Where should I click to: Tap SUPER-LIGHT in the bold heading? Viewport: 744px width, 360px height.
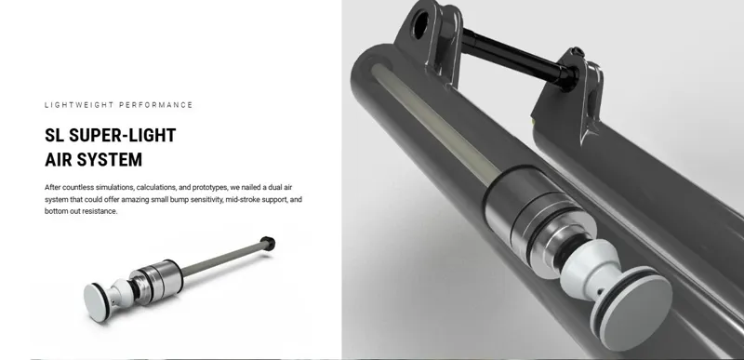124,136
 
